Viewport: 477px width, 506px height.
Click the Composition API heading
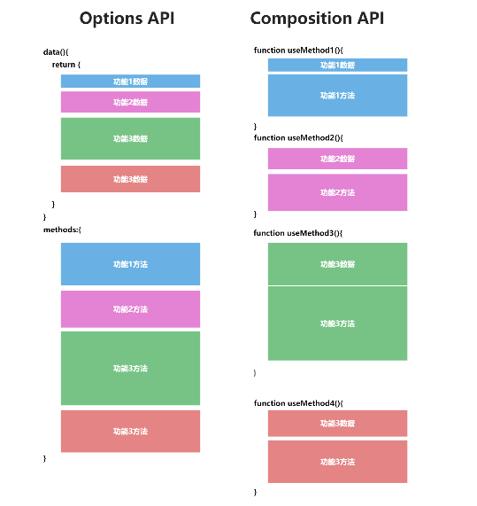(317, 19)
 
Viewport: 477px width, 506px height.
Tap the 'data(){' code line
(56, 52)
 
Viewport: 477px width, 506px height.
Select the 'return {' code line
(66, 65)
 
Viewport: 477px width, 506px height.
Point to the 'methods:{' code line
(62, 230)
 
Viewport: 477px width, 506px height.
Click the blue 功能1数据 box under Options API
(130, 82)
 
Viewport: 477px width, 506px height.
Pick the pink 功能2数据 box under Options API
(130, 102)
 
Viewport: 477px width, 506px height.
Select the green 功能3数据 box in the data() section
(130, 138)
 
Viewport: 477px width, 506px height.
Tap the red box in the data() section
(130, 179)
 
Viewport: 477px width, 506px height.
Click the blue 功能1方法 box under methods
(130, 264)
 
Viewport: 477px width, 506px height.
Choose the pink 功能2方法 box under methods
(130, 309)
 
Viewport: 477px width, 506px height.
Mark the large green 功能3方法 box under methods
(130, 368)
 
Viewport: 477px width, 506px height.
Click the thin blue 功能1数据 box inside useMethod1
(337, 65)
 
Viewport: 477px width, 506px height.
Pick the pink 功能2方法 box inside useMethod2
(337, 192)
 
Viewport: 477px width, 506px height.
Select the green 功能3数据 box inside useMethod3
(337, 264)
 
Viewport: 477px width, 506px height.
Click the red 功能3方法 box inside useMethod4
(337, 462)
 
